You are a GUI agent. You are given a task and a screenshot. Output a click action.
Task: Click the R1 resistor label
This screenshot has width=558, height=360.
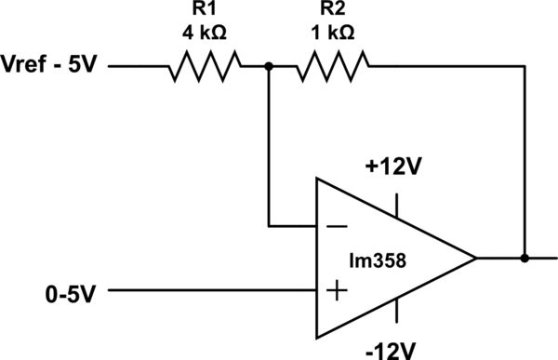[205, 11]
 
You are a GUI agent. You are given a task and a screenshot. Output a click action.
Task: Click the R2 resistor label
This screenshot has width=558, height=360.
[331, 11]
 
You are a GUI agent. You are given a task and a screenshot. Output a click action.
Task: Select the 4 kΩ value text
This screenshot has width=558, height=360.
[205, 33]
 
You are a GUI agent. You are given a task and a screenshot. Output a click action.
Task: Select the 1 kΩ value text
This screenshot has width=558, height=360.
[331, 33]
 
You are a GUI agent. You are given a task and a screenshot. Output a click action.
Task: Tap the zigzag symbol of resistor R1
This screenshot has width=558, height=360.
[205, 67]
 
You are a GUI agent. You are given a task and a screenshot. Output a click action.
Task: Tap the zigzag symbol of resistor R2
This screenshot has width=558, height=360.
[332, 67]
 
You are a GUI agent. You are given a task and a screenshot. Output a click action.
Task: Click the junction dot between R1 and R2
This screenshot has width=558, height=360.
[269, 67]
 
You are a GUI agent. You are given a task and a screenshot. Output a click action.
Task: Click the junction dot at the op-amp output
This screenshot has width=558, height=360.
[525, 258]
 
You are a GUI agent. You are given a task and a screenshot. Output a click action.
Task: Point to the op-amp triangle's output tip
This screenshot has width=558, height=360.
[476, 258]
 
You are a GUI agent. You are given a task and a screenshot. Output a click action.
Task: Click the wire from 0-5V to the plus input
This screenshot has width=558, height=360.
[214, 291]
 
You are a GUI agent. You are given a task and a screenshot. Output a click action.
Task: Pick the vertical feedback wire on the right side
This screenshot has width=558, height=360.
[525, 158]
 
